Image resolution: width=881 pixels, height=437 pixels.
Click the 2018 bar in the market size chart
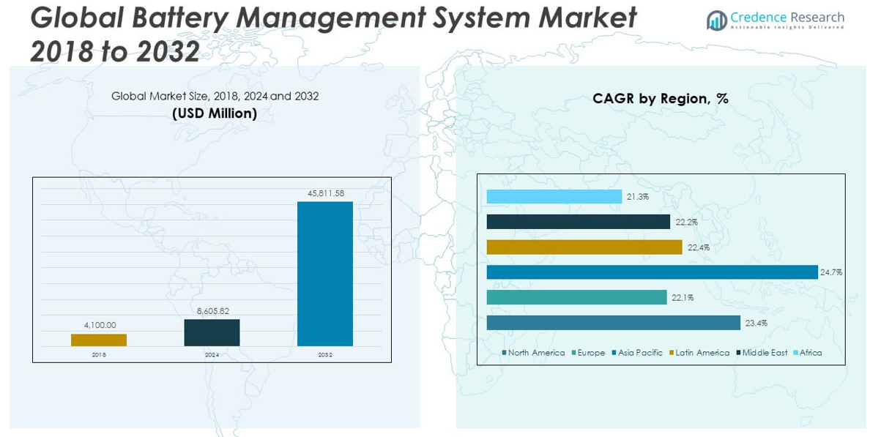[99, 340]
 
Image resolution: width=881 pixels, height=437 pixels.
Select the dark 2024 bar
[212, 332]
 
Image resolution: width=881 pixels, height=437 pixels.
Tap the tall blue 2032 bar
[324, 274]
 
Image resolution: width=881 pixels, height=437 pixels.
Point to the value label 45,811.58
[325, 193]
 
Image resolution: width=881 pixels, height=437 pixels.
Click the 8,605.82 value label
[212, 311]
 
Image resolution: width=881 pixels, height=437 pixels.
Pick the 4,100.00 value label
[99, 326]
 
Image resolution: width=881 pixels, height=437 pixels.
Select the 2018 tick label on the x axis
[99, 355]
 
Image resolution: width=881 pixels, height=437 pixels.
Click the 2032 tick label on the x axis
[324, 355]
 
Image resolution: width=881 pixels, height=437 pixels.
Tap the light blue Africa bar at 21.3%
[554, 197]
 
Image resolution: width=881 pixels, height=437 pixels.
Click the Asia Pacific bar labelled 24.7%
[652, 272]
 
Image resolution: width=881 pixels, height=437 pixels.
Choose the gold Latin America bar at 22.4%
[584, 247]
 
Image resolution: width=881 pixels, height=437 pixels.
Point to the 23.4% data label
[757, 323]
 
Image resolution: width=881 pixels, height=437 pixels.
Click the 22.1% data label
[682, 298]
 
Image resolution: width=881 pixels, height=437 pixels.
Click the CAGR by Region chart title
[661, 99]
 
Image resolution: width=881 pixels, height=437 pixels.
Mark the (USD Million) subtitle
[215, 113]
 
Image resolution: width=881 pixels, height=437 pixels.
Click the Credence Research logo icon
[716, 20]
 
